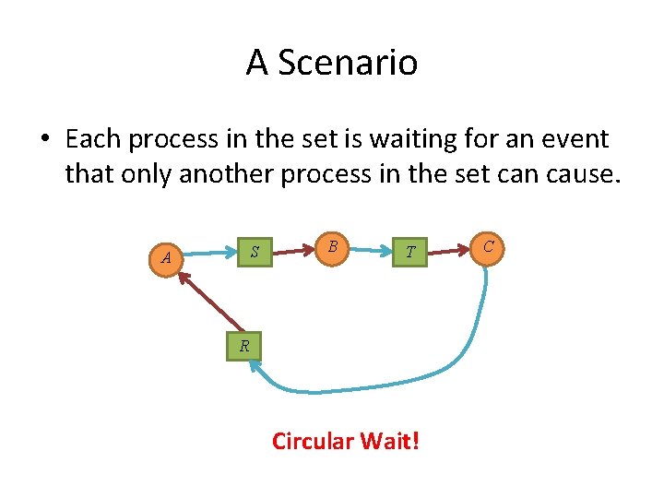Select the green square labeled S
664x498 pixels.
click(x=255, y=252)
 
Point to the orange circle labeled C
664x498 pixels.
click(x=489, y=246)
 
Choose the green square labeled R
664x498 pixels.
click(x=243, y=347)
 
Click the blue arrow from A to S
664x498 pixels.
click(x=210, y=251)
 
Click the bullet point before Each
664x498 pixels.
click(x=44, y=140)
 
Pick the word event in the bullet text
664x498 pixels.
click(x=573, y=139)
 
